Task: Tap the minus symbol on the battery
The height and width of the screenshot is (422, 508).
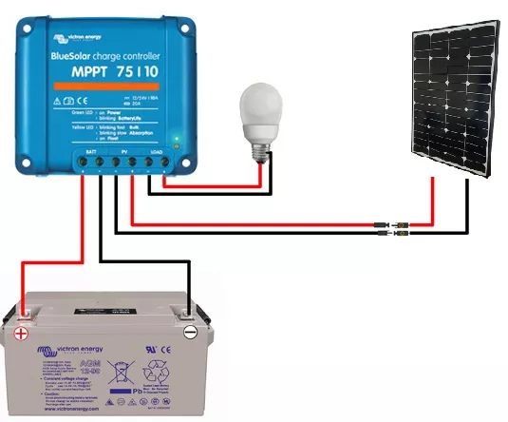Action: [x=189, y=332]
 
